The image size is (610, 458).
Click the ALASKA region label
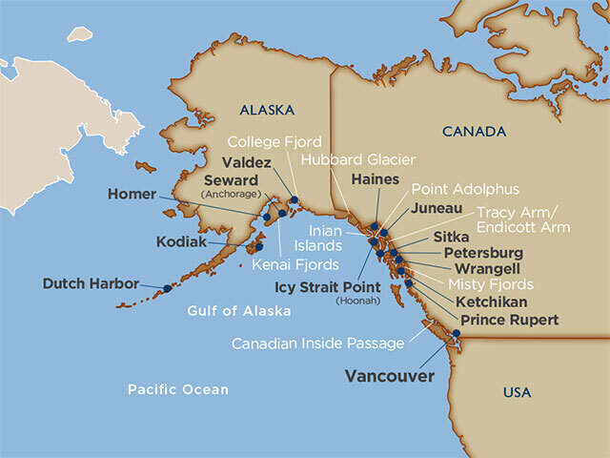(x=267, y=110)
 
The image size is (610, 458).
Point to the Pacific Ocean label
(x=179, y=389)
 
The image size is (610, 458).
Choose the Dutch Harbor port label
(x=91, y=283)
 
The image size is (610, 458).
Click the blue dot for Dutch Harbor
(x=167, y=287)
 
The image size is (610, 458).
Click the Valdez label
(x=246, y=162)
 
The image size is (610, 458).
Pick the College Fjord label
(x=274, y=142)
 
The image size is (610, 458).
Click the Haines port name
(x=375, y=178)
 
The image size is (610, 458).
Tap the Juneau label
(x=437, y=207)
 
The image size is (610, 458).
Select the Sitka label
(x=451, y=236)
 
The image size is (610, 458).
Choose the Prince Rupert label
(x=510, y=320)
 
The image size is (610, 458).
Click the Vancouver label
(x=389, y=376)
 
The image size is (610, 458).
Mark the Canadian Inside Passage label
(x=318, y=343)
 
